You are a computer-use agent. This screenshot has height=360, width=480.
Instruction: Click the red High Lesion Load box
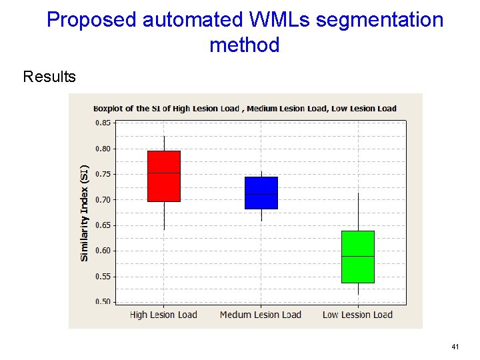(x=164, y=176)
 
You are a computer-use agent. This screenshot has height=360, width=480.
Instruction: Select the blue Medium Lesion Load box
(x=261, y=193)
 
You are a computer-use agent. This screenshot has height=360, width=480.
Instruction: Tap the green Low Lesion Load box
(x=358, y=257)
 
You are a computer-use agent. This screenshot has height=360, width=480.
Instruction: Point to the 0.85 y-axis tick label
(x=103, y=123)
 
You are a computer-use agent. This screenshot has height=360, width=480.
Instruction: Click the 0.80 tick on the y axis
(x=103, y=149)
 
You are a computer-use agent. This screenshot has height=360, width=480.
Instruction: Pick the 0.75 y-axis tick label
(x=103, y=174)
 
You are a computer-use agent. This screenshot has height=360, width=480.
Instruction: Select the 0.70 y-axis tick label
(x=103, y=200)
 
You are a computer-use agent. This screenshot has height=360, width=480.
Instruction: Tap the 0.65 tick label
(x=103, y=225)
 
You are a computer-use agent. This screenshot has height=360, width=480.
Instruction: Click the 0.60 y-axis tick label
(x=103, y=251)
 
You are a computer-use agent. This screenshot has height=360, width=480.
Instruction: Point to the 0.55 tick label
(x=103, y=277)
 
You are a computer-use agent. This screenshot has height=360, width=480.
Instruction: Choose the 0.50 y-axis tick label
(x=103, y=301)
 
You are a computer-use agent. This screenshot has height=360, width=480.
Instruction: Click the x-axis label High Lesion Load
(x=163, y=315)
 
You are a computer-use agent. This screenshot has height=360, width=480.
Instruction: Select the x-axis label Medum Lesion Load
(x=261, y=315)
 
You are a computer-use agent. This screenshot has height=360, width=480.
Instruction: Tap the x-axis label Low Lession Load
(x=357, y=315)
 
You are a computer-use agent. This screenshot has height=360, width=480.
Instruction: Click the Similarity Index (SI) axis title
(x=85, y=213)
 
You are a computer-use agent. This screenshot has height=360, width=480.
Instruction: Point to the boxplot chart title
(x=245, y=108)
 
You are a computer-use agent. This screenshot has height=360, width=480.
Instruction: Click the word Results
(x=49, y=77)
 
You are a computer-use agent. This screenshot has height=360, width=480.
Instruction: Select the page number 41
(x=455, y=347)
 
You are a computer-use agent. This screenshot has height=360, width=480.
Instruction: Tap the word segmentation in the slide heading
(x=379, y=20)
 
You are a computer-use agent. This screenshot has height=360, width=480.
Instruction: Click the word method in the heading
(x=244, y=45)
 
